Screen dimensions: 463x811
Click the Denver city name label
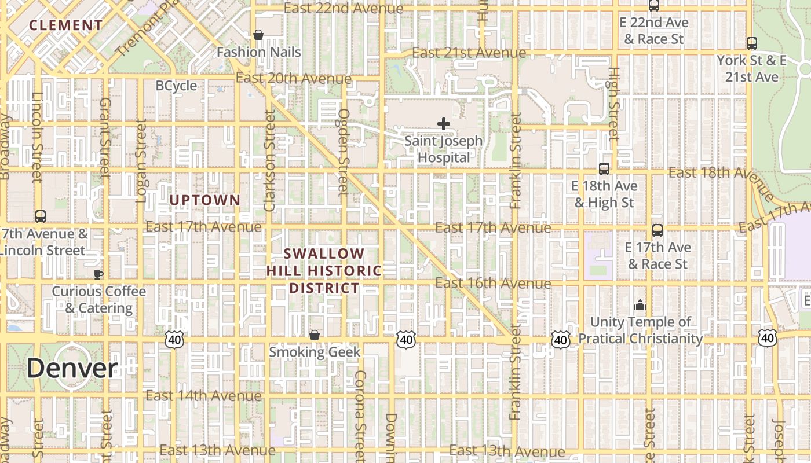72,368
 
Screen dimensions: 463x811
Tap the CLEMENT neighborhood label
66,25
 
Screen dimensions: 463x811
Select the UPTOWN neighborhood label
204,200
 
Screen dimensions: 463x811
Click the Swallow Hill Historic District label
324,271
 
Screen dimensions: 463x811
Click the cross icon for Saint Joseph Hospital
444,124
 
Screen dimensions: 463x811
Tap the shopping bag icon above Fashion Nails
258,35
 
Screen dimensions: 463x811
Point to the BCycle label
176,86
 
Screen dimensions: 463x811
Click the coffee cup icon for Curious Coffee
98,274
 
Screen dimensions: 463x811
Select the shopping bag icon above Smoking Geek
314,335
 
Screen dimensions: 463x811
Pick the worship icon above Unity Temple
640,304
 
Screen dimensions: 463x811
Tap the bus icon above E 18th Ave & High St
604,169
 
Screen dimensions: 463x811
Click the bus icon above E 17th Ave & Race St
657,230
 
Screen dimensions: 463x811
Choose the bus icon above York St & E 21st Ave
751,43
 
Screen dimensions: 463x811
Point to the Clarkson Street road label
269,160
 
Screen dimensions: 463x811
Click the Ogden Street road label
344,152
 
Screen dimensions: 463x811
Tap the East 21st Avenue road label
469,53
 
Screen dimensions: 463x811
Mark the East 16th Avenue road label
493,283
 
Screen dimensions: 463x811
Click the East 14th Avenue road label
203,396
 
